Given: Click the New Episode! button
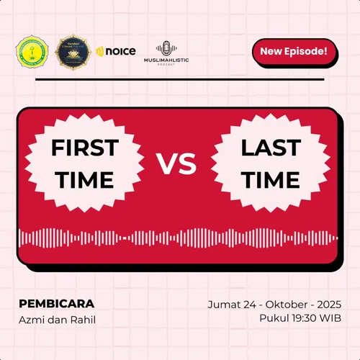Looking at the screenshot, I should pyautogui.click(x=294, y=51).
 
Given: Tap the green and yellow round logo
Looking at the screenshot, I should pyautogui.click(x=32, y=51).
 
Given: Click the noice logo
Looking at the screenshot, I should pyautogui.click(x=116, y=51).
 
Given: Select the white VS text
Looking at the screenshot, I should pyautogui.click(x=177, y=165).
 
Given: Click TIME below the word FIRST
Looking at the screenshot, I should pyautogui.click(x=84, y=180).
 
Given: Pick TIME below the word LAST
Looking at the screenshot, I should pyautogui.click(x=271, y=180).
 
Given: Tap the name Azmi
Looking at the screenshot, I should pyautogui.click(x=31, y=319).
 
